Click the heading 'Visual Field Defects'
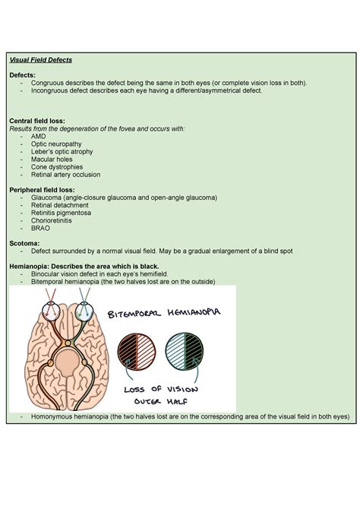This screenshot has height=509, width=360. click(x=40, y=59)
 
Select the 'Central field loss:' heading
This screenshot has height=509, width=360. click(x=36, y=121)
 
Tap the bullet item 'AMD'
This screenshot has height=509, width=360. click(x=39, y=136)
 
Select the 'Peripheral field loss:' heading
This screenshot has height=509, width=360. click(x=41, y=189)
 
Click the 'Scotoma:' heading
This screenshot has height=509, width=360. click(x=24, y=242)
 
